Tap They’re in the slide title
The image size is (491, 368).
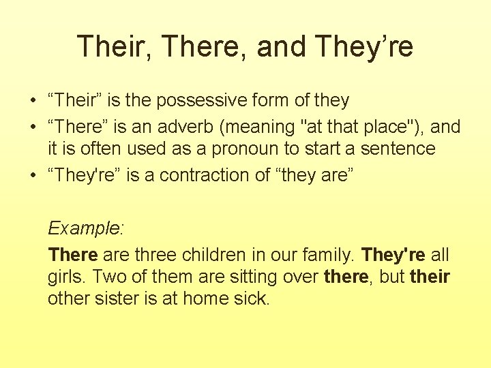click(x=365, y=46)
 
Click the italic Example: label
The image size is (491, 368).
click(x=85, y=228)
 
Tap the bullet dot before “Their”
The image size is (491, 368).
click(x=32, y=102)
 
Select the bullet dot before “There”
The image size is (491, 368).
click(x=32, y=127)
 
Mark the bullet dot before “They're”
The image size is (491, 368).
click(x=32, y=176)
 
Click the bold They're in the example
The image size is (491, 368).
click(x=393, y=255)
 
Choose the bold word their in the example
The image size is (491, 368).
click(x=430, y=277)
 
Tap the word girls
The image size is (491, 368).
click(x=65, y=277)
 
